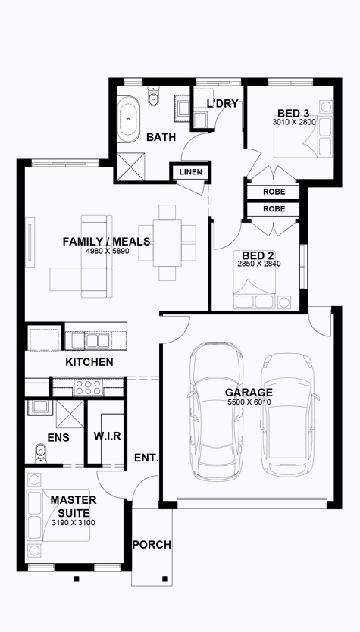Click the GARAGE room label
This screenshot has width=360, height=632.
pos(249,393)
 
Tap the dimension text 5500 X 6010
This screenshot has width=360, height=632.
pos(249,402)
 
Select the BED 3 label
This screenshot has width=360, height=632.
pos(293,113)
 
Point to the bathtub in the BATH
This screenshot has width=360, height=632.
pos(129,119)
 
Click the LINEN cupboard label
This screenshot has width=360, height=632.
pos(191,173)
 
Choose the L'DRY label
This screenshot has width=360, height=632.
pos(222,104)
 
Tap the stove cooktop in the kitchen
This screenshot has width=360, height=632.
pos(88,388)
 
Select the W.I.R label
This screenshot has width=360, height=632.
pos(107,436)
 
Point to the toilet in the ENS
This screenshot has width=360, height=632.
pos(40,453)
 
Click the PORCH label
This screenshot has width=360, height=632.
pos(152,545)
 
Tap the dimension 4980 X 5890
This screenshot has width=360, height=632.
pos(107,250)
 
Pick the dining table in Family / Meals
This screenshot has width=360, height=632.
pos(167,242)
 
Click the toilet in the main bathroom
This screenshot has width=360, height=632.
pos(153,96)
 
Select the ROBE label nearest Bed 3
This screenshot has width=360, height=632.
pos(274,192)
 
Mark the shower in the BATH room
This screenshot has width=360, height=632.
pos(130,166)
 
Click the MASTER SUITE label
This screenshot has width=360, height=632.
pos(74,507)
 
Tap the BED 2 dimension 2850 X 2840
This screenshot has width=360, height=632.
pos(258,264)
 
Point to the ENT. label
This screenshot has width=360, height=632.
pos(146,458)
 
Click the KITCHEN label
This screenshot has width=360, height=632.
pos(89,362)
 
